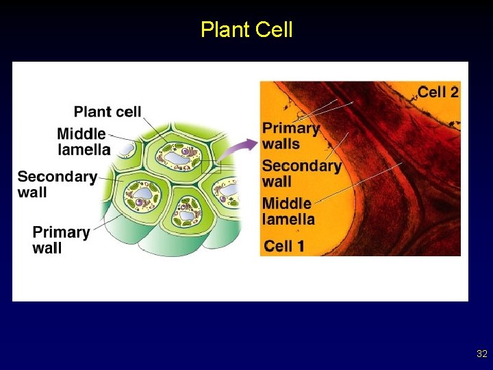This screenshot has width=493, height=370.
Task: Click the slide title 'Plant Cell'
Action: tap(246, 29)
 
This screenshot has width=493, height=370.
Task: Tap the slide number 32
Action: tap(481, 354)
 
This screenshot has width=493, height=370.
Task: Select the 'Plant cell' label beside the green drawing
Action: tap(108, 112)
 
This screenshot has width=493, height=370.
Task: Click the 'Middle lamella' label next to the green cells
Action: tap(84, 142)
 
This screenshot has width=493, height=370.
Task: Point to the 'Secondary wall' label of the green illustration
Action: tap(58, 184)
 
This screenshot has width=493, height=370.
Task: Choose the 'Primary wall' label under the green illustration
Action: tap(61, 239)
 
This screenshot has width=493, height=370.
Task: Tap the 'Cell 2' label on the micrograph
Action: tap(438, 92)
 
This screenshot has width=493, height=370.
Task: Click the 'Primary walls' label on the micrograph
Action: tap(291, 136)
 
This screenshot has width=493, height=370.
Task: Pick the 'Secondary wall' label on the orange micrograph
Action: tap(301, 173)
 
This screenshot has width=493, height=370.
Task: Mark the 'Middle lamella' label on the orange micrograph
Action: tap(288, 211)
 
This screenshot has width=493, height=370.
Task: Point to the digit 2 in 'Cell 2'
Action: tap(454, 92)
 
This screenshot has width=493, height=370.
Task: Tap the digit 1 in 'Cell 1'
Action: tap(299, 246)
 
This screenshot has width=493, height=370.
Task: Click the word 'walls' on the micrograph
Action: tap(281, 144)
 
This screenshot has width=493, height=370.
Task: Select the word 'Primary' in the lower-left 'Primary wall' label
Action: tap(61, 232)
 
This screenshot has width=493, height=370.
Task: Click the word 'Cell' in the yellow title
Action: tap(274, 29)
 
